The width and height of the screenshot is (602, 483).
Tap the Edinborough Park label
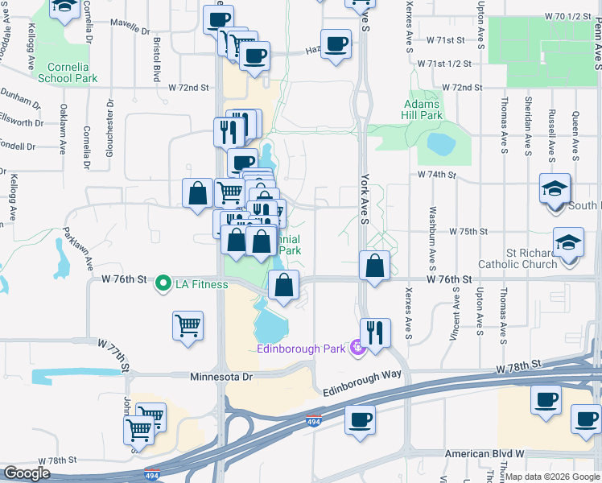[x=302, y=349]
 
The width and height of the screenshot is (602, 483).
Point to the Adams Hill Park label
[x=423, y=109]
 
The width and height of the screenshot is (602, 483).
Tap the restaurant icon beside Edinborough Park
[x=375, y=332]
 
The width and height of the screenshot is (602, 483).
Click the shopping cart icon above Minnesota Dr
[x=188, y=325]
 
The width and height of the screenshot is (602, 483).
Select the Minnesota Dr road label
[x=221, y=376]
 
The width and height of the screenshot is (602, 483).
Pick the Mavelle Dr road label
[x=129, y=25]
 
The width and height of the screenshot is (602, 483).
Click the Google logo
[x=27, y=473]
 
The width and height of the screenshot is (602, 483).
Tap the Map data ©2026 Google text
[x=552, y=477]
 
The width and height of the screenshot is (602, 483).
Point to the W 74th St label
[x=436, y=174]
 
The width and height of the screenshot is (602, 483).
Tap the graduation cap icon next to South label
[x=555, y=188]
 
